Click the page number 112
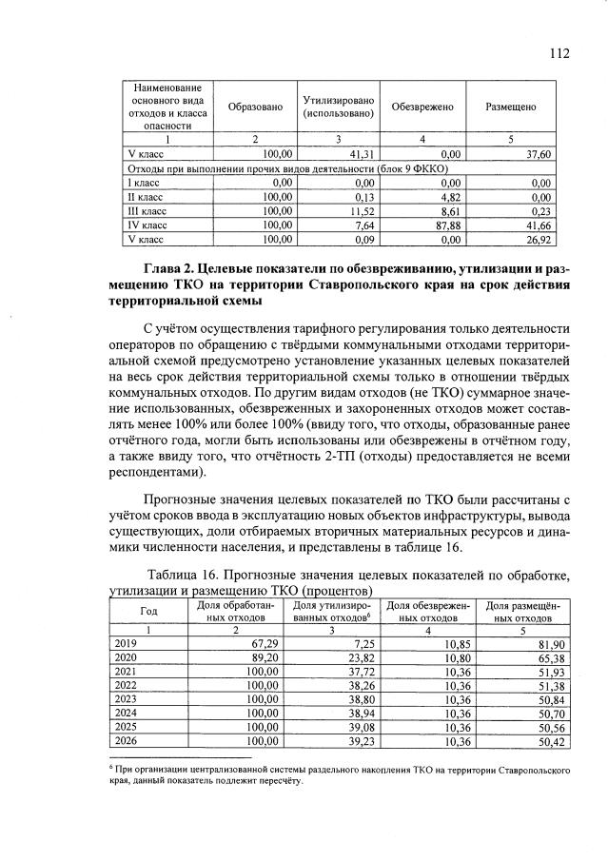pyautogui.click(x=559, y=53)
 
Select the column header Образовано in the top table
pyautogui.click(x=255, y=107)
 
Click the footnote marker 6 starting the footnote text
pyautogui.click(x=110, y=764)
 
